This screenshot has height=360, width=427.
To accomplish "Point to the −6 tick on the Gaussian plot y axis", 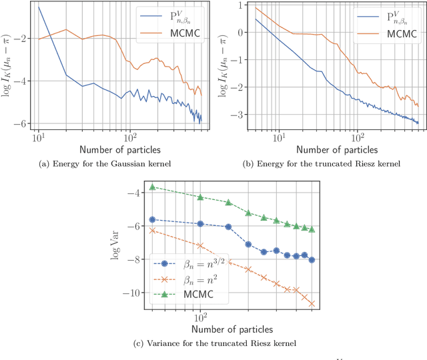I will (x=25, y=123).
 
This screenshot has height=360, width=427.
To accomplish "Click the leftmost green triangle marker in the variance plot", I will (x=153, y=187).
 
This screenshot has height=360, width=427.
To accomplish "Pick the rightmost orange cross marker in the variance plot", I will (x=312, y=303).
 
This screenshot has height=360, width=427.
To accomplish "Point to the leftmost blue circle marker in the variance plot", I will (x=153, y=219).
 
